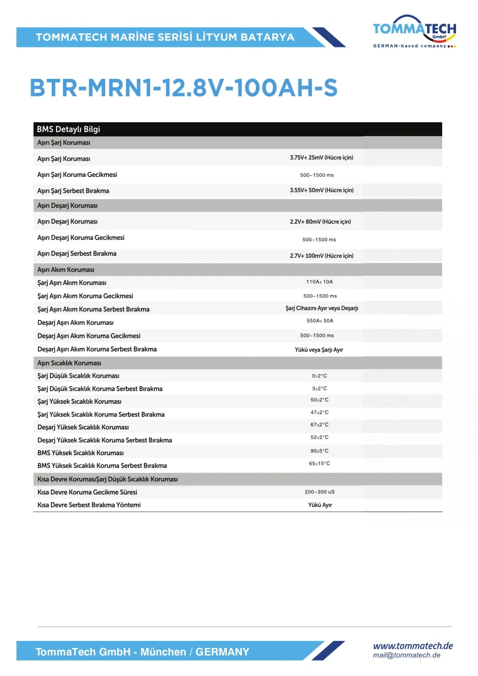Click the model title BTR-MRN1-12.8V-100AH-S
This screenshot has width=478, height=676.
pyautogui.click(x=183, y=88)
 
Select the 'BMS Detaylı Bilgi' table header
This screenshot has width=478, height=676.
pyautogui.click(x=69, y=129)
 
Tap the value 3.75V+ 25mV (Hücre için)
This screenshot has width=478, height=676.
pyautogui.click(x=321, y=158)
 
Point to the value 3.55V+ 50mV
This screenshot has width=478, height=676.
pyautogui.click(x=322, y=190)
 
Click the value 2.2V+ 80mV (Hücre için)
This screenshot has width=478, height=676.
pyautogui.click(x=320, y=222)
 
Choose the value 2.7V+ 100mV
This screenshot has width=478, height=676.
pyautogui.click(x=322, y=256)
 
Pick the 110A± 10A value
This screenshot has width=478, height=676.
pyautogui.click(x=319, y=282)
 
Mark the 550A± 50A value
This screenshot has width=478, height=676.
pyautogui.click(x=320, y=321)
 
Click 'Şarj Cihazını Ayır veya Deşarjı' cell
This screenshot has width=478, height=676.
pyautogui.click(x=322, y=308)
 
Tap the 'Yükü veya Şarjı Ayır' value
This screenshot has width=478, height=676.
pyautogui.click(x=319, y=350)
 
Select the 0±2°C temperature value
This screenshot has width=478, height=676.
pyautogui.click(x=319, y=376)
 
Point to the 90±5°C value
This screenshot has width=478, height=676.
pyautogui.click(x=319, y=451)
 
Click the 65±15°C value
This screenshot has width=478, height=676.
pyautogui.click(x=319, y=464)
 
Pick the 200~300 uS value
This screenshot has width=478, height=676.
pyautogui.click(x=319, y=492)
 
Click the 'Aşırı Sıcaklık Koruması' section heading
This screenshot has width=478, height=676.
pyautogui.click(x=69, y=363)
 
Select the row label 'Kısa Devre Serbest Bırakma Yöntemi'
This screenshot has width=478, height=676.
pyautogui.click(x=89, y=505)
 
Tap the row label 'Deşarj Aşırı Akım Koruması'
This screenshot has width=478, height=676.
pyautogui.click(x=75, y=323)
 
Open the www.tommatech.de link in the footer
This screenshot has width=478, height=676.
pyautogui.click(x=413, y=646)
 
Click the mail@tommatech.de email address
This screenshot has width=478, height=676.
pyautogui.click(x=407, y=655)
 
